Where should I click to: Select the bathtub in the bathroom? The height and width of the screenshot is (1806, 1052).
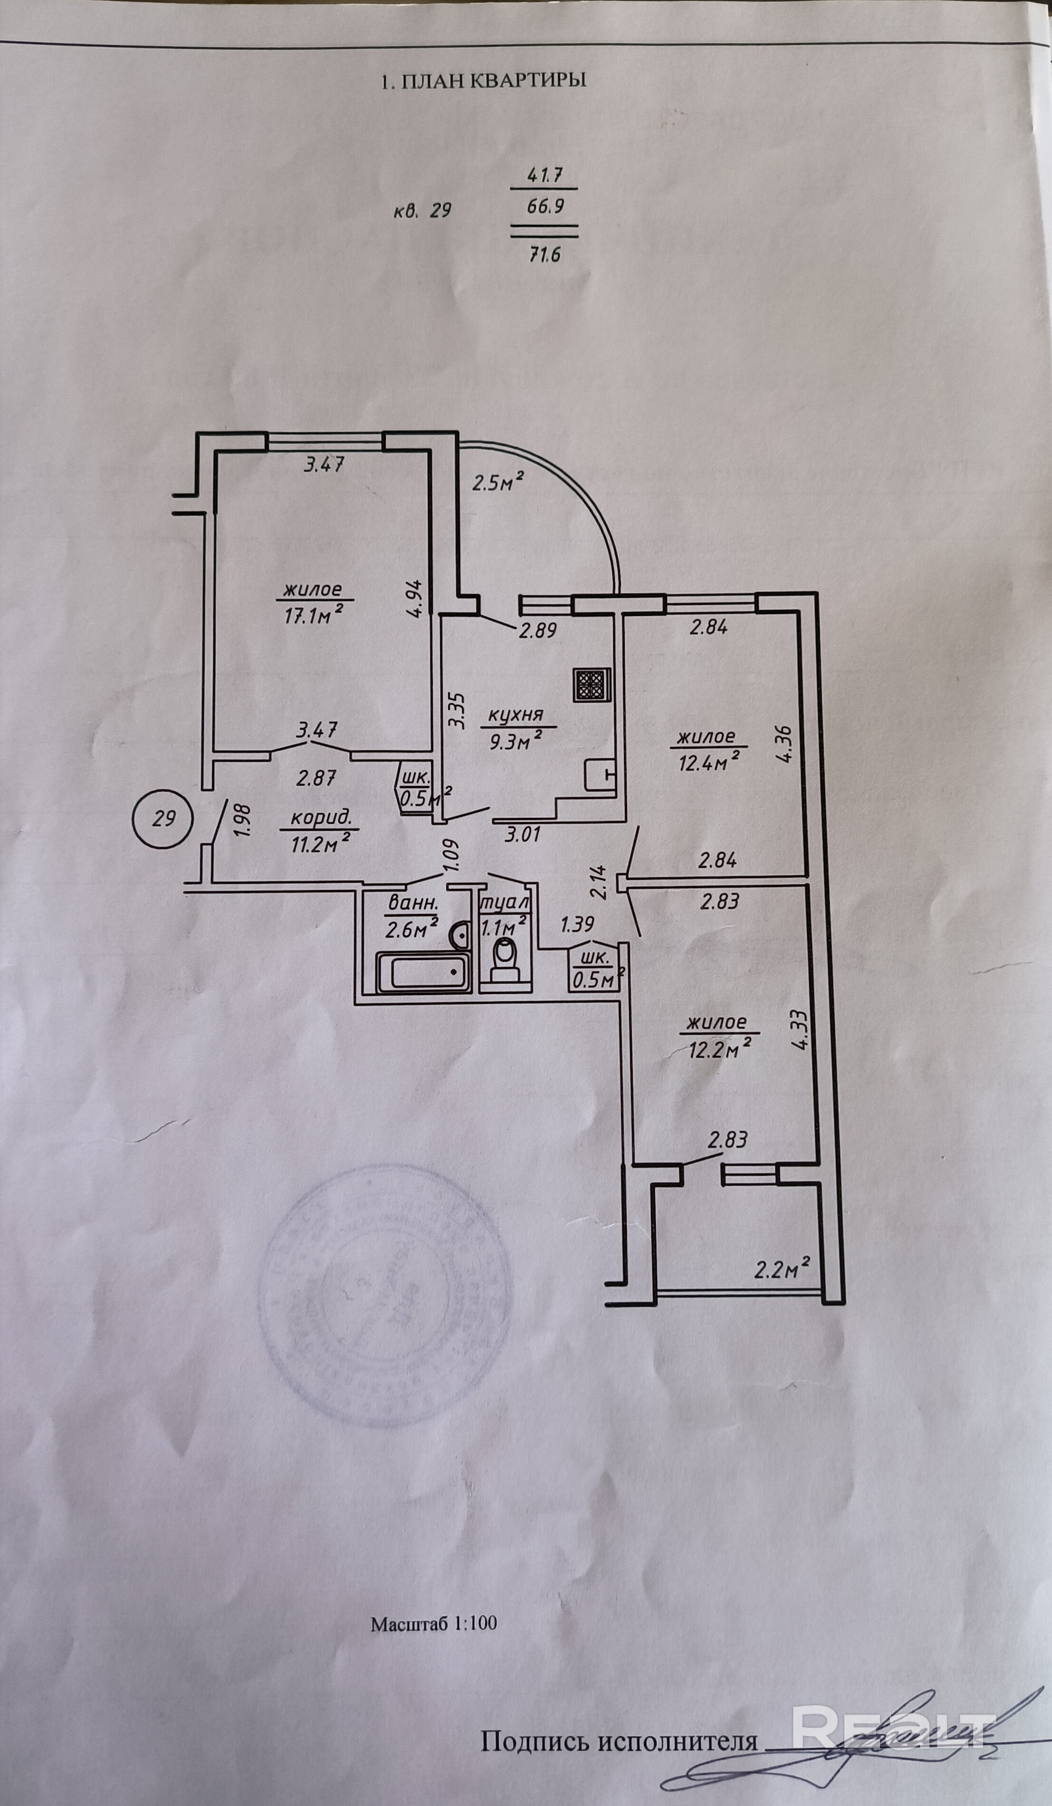tap(421, 972)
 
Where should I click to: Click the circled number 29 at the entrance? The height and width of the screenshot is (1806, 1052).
tap(164, 818)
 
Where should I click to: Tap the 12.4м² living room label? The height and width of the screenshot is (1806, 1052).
tap(707, 750)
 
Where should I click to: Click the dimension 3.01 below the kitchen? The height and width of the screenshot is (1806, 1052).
tap(523, 834)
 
